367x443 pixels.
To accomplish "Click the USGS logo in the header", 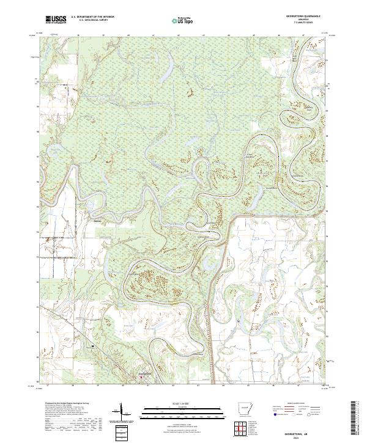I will [x=56, y=20].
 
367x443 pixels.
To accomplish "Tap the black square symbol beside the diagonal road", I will [x=92, y=346].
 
